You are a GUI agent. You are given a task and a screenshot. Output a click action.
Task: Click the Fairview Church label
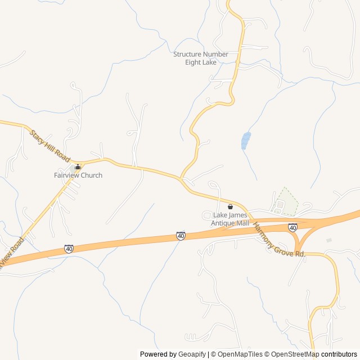[x=78, y=175]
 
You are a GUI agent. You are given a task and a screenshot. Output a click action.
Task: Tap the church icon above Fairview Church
[x=78, y=167]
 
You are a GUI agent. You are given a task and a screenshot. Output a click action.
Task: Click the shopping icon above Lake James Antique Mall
[x=229, y=206]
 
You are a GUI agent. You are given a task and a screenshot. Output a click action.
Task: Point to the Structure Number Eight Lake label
[x=201, y=58]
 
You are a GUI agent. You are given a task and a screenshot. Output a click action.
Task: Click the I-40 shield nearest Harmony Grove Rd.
[x=292, y=227]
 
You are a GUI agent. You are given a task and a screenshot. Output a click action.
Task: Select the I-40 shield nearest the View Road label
[x=69, y=248]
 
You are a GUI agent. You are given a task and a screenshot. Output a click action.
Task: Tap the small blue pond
[x=245, y=141]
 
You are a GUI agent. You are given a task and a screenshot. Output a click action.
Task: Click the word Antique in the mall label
[x=223, y=223]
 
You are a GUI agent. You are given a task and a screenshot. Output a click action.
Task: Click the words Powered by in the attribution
[x=157, y=354]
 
